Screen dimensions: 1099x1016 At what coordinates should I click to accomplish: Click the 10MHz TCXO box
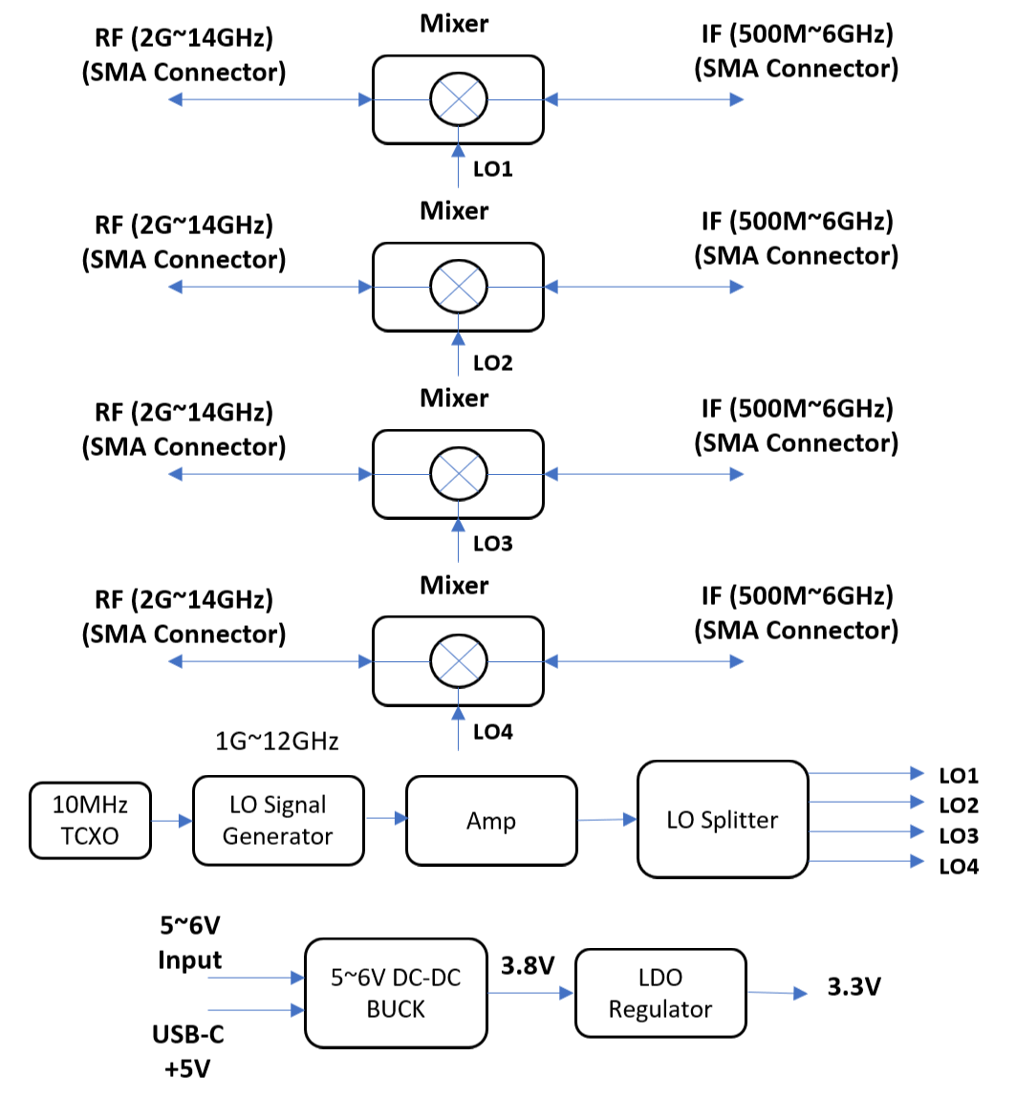(90, 821)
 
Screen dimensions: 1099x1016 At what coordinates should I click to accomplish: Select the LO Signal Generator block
(278, 820)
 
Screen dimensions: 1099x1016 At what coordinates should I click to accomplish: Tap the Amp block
(491, 821)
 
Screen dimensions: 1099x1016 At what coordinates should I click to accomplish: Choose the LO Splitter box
(723, 819)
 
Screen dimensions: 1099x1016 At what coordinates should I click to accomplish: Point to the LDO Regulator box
(659, 993)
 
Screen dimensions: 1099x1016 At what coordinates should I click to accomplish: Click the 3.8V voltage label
(528, 965)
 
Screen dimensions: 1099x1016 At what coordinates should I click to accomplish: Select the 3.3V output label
(854, 986)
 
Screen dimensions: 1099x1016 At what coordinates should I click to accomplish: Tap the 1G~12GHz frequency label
(278, 742)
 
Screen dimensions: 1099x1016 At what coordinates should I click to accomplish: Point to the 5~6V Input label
(189, 942)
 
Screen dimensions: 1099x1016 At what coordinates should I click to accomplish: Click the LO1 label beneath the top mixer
(493, 169)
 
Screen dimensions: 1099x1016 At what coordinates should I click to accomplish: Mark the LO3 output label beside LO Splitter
(958, 836)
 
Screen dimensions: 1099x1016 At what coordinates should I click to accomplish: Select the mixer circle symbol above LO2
(459, 286)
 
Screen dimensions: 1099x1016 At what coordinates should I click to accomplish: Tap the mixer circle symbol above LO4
(459, 660)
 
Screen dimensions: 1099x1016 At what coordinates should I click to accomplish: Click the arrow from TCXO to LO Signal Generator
(171, 821)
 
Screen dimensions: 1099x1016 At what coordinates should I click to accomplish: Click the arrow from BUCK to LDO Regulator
(530, 993)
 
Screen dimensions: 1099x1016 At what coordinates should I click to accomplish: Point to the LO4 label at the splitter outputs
(958, 867)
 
